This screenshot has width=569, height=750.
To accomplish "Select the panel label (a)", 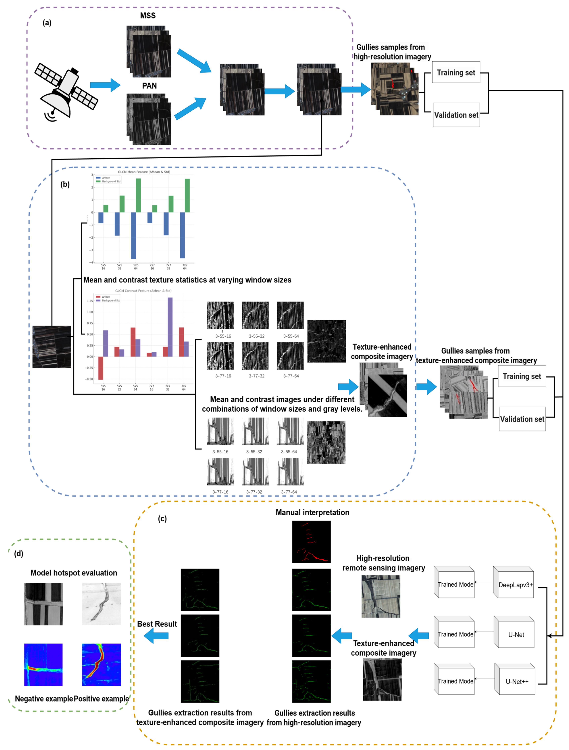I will click(x=47, y=23).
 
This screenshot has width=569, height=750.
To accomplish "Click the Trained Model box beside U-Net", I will click(x=455, y=634).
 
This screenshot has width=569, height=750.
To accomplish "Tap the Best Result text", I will click(x=157, y=624).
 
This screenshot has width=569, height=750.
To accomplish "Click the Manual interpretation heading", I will click(x=312, y=512).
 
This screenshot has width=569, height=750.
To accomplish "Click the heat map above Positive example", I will click(x=101, y=665).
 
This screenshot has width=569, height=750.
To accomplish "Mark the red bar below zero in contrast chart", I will click(x=101, y=368).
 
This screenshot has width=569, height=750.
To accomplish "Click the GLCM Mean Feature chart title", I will click(x=144, y=172).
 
